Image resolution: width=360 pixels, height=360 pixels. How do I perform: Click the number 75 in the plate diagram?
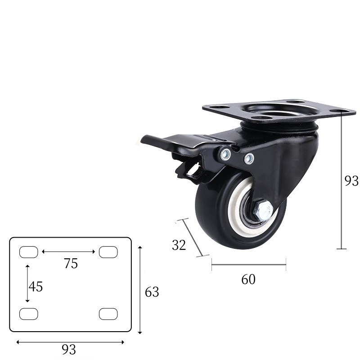coord(71,264)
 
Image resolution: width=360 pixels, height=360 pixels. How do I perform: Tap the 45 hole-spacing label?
coord(36,286)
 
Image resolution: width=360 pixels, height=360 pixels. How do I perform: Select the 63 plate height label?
coord(152,292)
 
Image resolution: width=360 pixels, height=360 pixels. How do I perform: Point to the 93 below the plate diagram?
coord(69,349)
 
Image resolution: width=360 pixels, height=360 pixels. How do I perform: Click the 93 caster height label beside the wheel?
coord(351,181)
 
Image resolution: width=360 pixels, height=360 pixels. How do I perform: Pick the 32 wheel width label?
coord(179,245)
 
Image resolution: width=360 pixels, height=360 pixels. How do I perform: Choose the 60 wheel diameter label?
coord(248,279)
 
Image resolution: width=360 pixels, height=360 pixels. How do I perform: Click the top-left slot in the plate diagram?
coord(28,252)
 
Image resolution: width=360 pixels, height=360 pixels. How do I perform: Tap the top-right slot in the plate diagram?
coord(108,252)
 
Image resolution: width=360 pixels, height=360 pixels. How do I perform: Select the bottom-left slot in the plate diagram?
coord(28,314)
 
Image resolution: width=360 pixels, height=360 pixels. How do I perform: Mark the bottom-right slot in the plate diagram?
coord(108,314)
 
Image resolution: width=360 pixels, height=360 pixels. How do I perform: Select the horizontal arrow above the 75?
coord(68,252)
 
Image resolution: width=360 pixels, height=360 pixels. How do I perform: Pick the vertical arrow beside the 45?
coord(27,283)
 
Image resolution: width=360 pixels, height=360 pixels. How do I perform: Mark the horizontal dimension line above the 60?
coord(248,265)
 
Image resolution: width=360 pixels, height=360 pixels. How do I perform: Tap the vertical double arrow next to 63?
coord(140,290)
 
